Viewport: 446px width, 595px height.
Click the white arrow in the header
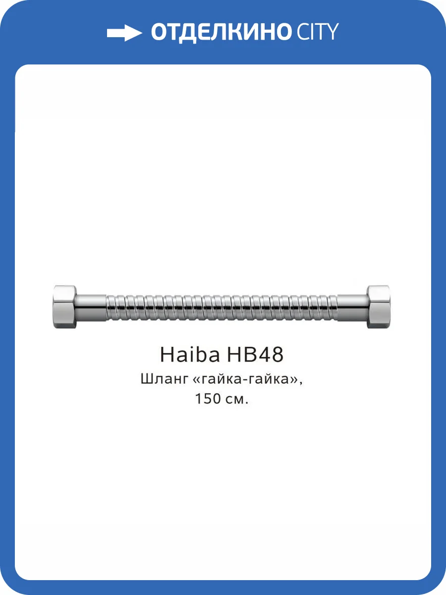(x=124, y=33)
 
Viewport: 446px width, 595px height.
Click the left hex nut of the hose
(x=64, y=307)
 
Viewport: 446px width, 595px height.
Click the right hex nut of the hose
(x=378, y=307)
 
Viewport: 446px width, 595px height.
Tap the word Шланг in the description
(x=164, y=380)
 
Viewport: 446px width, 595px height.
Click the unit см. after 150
(x=237, y=400)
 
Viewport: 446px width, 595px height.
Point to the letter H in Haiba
(x=167, y=355)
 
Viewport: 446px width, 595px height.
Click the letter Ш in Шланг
(x=147, y=380)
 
